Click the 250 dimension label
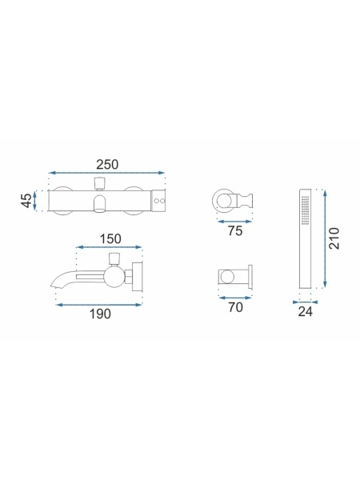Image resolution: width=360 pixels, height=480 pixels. [107, 165]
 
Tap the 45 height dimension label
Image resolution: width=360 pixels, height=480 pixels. [27, 201]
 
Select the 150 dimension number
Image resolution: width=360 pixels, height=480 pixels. [110, 238]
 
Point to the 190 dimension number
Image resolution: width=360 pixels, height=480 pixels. [100, 314]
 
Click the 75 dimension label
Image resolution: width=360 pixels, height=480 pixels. [235, 231]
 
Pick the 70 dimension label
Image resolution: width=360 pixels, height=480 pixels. [235, 307]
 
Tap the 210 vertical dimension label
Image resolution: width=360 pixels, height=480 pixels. [334, 238]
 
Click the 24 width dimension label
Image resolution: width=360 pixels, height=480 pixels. [306, 312]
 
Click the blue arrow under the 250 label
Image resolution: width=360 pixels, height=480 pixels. [107, 173]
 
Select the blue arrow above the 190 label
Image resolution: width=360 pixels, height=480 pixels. [99, 305]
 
